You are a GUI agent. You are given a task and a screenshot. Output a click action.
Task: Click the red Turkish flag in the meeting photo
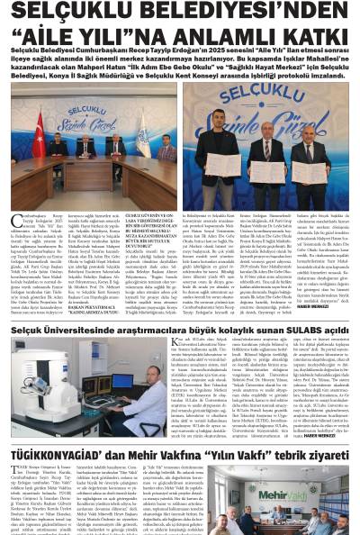39,126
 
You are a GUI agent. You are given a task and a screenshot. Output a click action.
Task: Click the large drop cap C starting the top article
16,221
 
